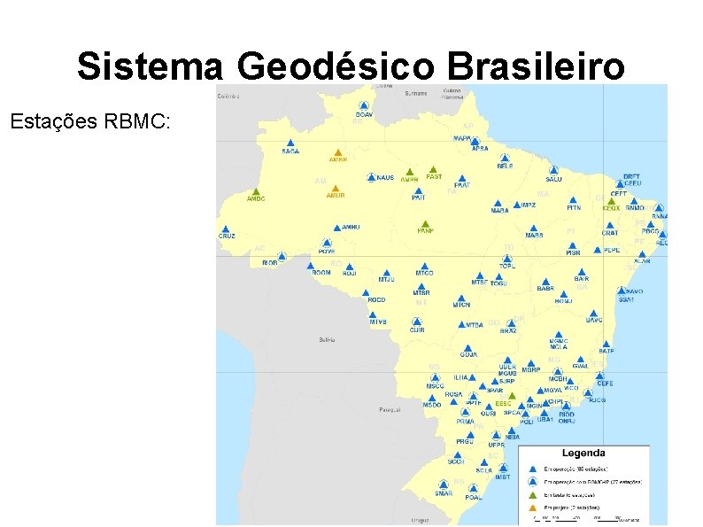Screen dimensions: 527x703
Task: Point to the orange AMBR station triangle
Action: click(x=337, y=152)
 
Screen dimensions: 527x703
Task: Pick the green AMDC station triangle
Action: click(x=256, y=191)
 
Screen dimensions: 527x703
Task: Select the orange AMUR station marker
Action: click(x=336, y=188)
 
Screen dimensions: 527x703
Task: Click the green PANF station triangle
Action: click(x=425, y=223)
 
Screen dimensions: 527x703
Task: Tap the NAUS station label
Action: click(x=385, y=178)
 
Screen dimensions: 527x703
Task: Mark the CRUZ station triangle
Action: click(x=227, y=229)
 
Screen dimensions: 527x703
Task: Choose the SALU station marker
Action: click(x=554, y=170)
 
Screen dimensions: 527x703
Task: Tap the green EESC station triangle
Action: click(x=511, y=396)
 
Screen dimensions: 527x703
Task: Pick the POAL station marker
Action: click(x=473, y=490)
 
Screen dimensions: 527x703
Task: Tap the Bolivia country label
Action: click(x=328, y=339)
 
